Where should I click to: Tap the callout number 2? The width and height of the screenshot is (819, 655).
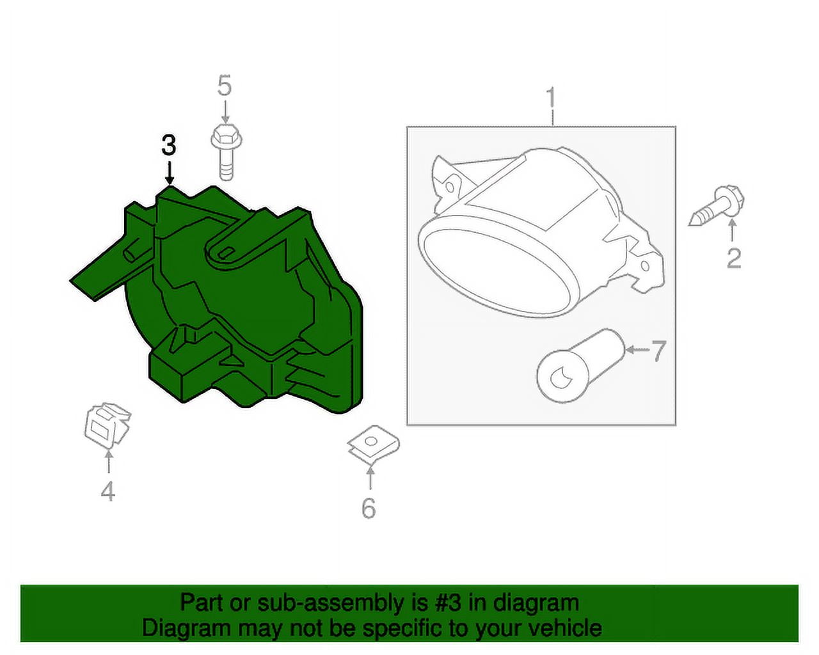[x=734, y=258]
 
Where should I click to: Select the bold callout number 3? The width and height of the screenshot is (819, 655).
[x=169, y=145]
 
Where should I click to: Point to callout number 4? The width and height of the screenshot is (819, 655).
[x=107, y=491]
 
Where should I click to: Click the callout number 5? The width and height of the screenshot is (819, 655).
[x=225, y=85]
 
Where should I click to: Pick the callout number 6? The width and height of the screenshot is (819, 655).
[x=369, y=508]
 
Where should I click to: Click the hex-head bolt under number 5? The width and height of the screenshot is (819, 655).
[x=227, y=152]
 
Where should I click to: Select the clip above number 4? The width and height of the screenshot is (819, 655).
[x=107, y=425]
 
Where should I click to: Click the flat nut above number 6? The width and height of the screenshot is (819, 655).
[x=373, y=445]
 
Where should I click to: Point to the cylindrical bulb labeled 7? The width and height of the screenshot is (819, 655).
[x=581, y=366]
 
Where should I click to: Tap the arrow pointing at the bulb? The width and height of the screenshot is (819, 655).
[x=639, y=350]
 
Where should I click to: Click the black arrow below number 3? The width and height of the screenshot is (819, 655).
[x=170, y=173]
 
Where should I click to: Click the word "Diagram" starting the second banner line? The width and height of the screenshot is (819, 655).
[x=186, y=629]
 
